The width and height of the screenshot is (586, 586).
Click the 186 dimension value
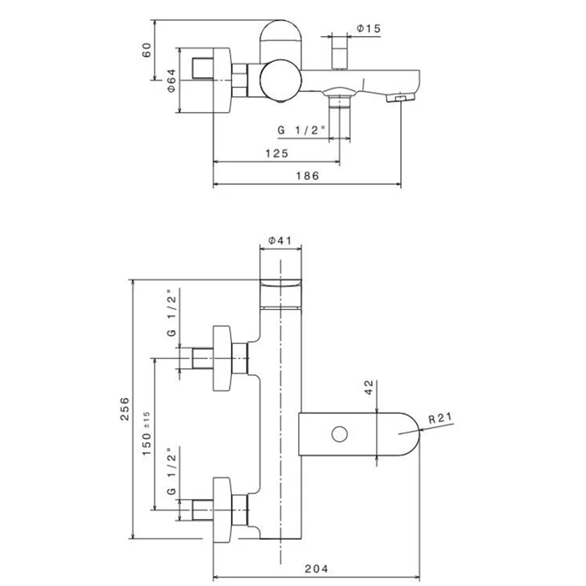[308, 176]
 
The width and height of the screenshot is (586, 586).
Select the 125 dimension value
[277, 153]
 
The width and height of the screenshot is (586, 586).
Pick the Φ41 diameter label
[279, 241]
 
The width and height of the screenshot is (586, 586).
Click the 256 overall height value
[125, 409]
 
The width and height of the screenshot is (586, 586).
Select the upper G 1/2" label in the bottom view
[171, 315]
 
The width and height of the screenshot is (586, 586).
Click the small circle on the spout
[340, 434]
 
